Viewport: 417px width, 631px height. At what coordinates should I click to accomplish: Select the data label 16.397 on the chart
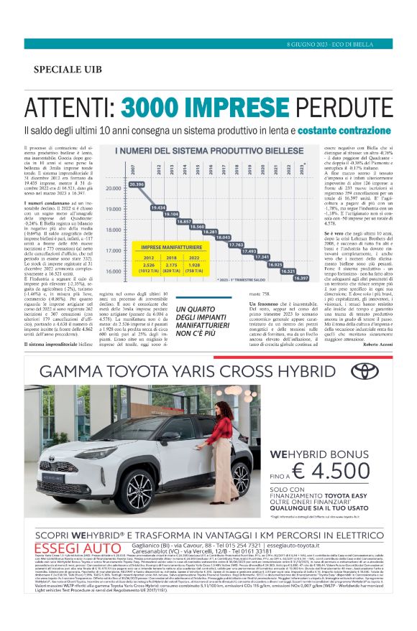pyautogui.click(x=300, y=278)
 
